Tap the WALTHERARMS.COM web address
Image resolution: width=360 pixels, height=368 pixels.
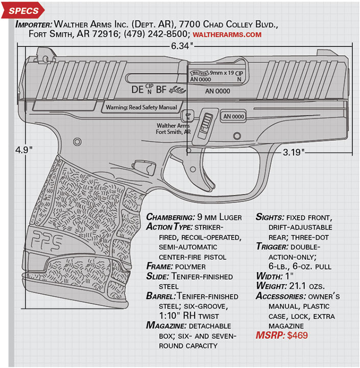227,34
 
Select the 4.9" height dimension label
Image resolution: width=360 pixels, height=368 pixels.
24,150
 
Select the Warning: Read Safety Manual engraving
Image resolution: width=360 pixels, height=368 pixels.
141,108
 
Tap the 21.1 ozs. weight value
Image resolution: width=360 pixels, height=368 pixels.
311,286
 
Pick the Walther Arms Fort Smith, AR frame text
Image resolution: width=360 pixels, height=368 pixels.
174,129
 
